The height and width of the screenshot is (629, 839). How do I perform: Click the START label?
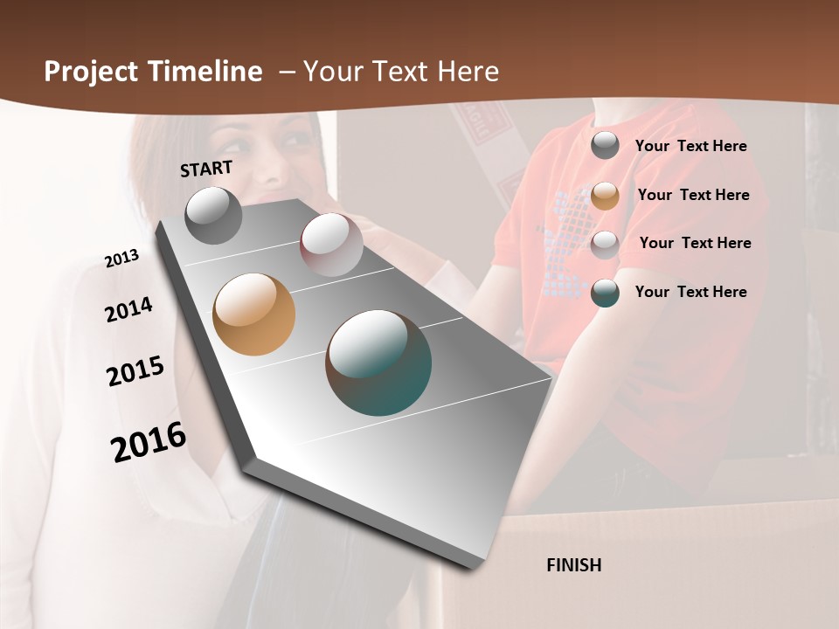(206, 169)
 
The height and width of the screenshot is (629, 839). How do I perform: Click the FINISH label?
(574, 565)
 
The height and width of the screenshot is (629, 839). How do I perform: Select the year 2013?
(122, 258)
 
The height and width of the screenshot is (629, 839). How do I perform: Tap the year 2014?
(128, 310)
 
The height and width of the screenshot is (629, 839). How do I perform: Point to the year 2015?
(135, 371)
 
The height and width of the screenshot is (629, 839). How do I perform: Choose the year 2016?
(149, 441)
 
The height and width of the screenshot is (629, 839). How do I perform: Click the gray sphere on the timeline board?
(214, 215)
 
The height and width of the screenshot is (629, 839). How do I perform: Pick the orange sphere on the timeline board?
(254, 314)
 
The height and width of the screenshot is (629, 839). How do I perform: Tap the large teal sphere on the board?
(378, 363)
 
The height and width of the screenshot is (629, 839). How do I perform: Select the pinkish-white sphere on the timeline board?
(331, 245)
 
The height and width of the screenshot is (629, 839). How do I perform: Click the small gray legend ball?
(605, 146)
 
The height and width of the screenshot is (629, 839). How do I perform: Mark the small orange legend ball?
(605, 196)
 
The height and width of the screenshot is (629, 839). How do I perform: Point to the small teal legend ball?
(605, 293)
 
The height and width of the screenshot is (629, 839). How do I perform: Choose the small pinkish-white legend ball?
(605, 244)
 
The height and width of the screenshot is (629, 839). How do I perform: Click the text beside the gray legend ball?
(690, 147)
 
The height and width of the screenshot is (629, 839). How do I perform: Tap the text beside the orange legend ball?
(693, 195)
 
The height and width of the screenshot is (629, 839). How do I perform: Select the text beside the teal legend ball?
(690, 292)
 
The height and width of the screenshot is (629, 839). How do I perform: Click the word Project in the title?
(89, 72)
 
